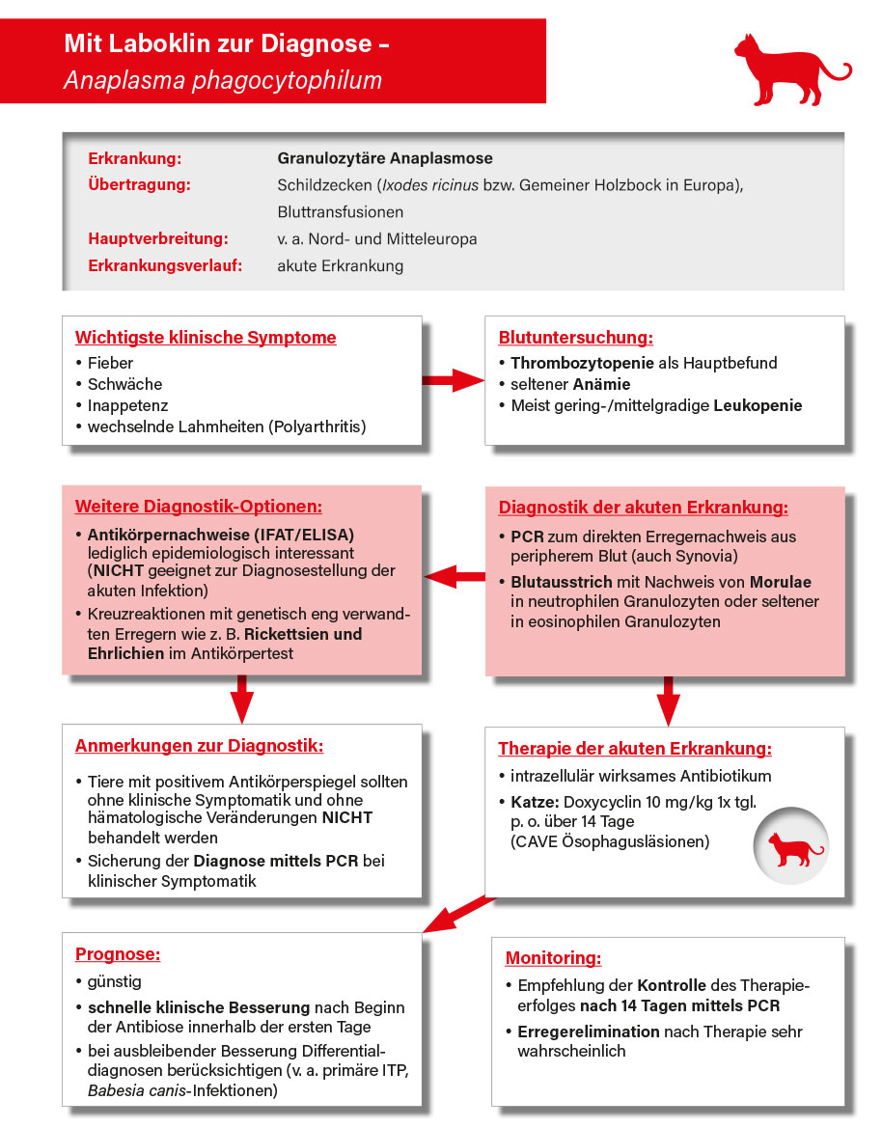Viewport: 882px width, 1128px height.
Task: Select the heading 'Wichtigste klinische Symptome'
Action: (206, 338)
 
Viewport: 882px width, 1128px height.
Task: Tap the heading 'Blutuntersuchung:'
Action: (575, 338)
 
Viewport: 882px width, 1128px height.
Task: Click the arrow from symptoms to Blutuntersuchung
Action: (453, 379)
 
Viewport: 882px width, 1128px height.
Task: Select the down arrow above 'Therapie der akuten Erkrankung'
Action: (666, 701)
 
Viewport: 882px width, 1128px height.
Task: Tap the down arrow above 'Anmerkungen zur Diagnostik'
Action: (242, 701)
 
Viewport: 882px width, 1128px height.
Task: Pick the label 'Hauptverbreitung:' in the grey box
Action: (158, 238)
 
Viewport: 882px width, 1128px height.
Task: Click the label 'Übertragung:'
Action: (139, 184)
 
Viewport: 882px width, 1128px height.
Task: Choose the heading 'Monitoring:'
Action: (553, 958)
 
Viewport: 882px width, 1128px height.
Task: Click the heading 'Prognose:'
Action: (118, 954)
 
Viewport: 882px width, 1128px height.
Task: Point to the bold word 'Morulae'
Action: (782, 582)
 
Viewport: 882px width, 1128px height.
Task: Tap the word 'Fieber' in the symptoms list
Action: (110, 364)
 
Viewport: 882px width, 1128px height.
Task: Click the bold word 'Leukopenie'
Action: (758, 406)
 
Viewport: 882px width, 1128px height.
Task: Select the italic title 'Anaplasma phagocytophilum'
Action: (223, 80)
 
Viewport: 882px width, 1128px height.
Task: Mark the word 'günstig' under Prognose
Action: (114, 982)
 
